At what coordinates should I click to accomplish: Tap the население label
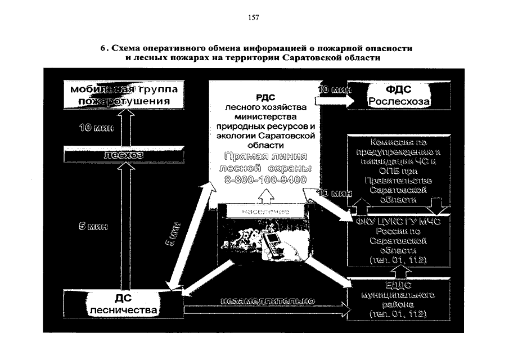pos(265,211)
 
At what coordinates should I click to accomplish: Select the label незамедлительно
pos(267,300)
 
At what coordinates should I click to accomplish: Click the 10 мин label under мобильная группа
pos(96,128)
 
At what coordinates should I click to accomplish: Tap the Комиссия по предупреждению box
pos(398,169)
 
